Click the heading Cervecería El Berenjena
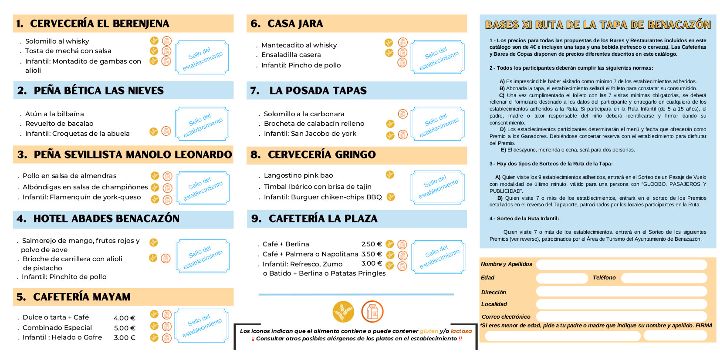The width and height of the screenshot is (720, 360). pyautogui.click(x=99, y=24)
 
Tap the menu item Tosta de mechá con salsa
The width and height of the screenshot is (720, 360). pyautogui.click(x=68, y=51)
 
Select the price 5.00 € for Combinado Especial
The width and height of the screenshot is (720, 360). pyautogui.click(x=125, y=328)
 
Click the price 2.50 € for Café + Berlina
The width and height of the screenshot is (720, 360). pyautogui.click(x=371, y=244)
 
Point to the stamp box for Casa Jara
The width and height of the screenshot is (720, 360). pyautogui.click(x=438, y=57)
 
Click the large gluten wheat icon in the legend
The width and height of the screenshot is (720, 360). pyautogui.click(x=343, y=312)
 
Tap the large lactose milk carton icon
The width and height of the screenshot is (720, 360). pyautogui.click(x=372, y=312)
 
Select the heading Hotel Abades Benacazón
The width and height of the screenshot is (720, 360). pyautogui.click(x=106, y=219)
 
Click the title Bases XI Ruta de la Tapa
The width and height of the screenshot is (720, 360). pyautogui.click(x=598, y=25)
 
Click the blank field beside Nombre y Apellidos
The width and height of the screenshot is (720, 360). pyautogui.click(x=621, y=264)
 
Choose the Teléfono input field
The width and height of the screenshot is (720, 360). pyautogui.click(x=663, y=278)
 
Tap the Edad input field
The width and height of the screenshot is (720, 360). pyautogui.click(x=562, y=278)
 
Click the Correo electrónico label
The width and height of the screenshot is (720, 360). pyautogui.click(x=506, y=317)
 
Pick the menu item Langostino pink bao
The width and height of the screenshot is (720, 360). pyautogui.click(x=298, y=175)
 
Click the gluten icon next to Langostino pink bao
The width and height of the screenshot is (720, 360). pyautogui.click(x=390, y=175)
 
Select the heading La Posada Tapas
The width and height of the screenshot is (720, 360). pyautogui.click(x=318, y=91)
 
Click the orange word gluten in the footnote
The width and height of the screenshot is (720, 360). pyautogui.click(x=429, y=331)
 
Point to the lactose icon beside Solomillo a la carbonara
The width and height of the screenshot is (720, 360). pyautogui.click(x=403, y=114)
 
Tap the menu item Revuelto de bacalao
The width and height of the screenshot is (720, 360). pyautogui.click(x=59, y=124)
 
